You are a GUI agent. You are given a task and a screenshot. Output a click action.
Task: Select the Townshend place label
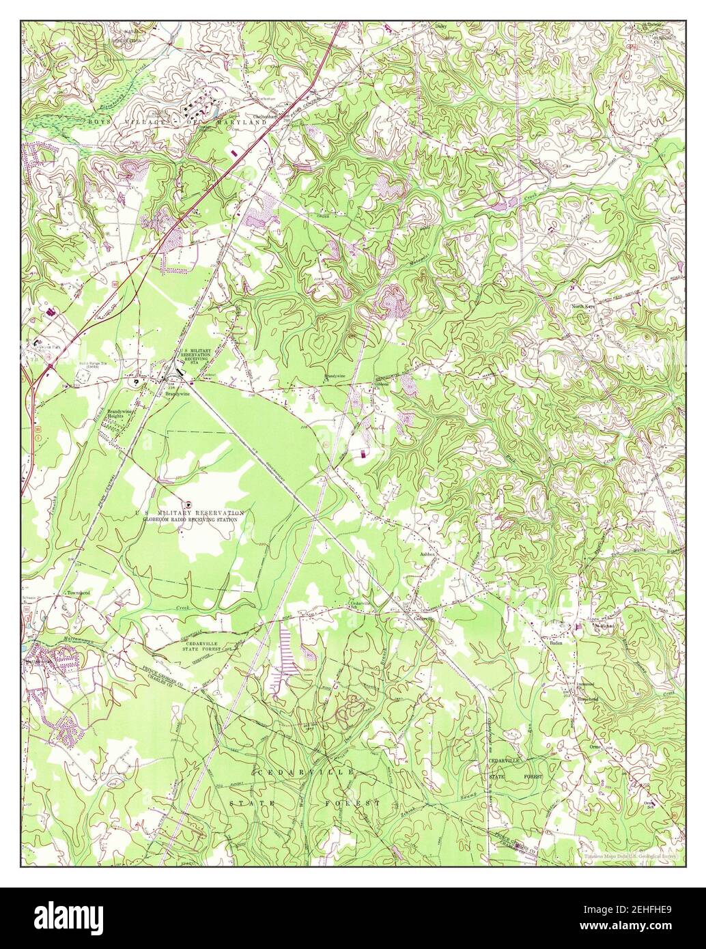(x=78, y=593)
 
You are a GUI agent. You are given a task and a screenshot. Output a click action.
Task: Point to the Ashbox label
(x=428, y=555)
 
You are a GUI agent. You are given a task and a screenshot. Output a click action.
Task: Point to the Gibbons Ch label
(x=382, y=384)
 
